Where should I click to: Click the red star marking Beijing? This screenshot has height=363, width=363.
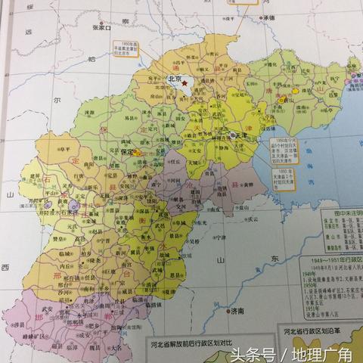point(184,79)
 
